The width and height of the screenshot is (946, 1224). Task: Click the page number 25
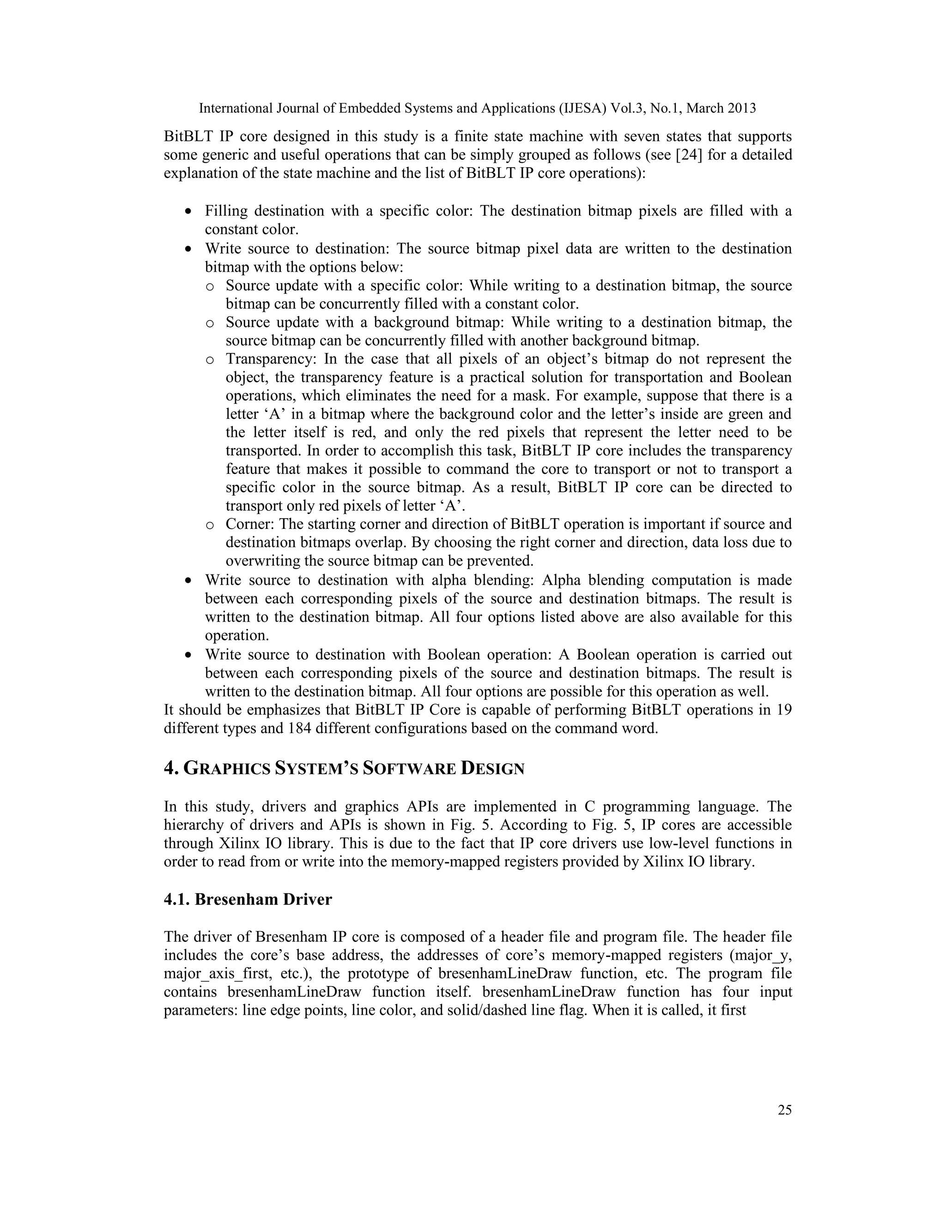coord(785,1109)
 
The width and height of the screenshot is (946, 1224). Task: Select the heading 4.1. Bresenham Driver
coord(248,899)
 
